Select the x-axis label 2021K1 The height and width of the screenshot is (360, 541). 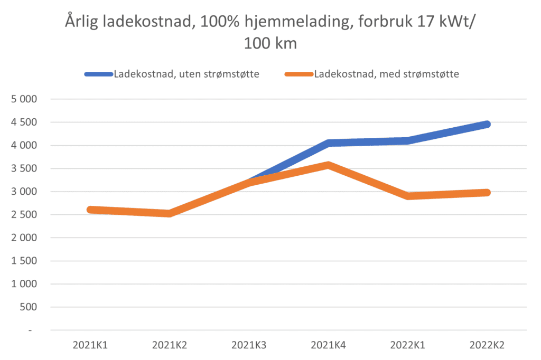pos(90,346)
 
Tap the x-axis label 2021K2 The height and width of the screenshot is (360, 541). pos(170,346)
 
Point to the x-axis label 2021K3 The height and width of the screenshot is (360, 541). pos(249,346)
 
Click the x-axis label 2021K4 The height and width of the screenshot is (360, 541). pos(329,346)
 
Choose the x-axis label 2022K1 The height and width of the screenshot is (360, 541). pos(408,346)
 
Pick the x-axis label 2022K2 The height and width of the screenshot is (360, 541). pos(487,346)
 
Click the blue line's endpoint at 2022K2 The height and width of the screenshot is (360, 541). pos(487,124)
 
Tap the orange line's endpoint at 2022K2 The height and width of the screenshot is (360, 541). pos(487,193)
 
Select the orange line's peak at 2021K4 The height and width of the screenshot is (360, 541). pos(329,165)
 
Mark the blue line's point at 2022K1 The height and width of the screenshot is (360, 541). pos(408,140)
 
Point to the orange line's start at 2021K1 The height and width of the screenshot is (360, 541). pos(90,210)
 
